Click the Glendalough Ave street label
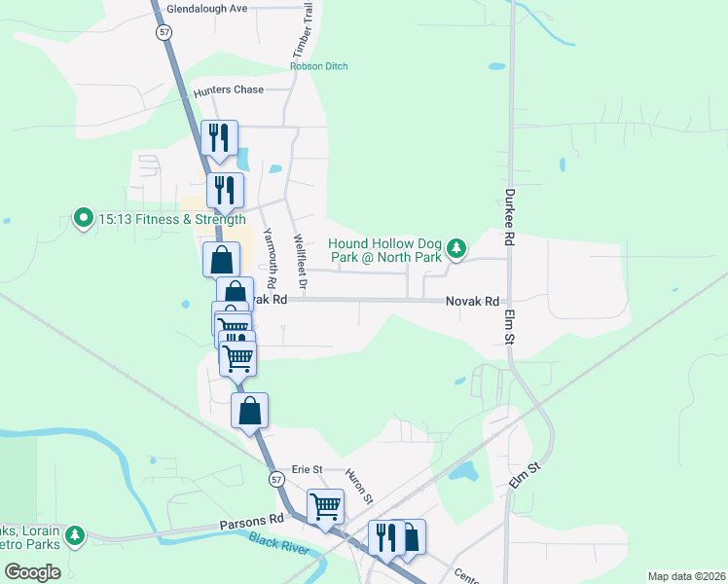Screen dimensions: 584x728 pyautogui.click(x=207, y=8)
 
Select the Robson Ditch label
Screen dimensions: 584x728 pyautogui.click(x=318, y=66)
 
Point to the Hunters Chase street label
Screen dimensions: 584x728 pyautogui.click(x=229, y=91)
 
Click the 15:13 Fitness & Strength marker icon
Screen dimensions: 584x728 pyautogui.click(x=84, y=219)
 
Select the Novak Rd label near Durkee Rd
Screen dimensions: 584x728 pyautogui.click(x=472, y=302)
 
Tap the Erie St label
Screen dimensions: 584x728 pyautogui.click(x=307, y=469)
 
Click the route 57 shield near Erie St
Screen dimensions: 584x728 pyautogui.click(x=276, y=480)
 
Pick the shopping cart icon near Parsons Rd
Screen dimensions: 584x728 pyautogui.click(x=325, y=505)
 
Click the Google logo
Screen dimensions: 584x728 pyautogui.click(x=32, y=572)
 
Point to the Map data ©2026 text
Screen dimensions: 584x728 pyautogui.click(x=686, y=576)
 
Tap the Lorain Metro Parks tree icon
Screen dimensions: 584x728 pyautogui.click(x=75, y=535)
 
